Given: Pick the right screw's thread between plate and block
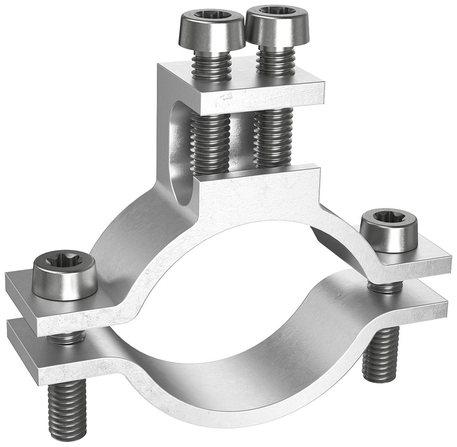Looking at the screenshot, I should [273, 137].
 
